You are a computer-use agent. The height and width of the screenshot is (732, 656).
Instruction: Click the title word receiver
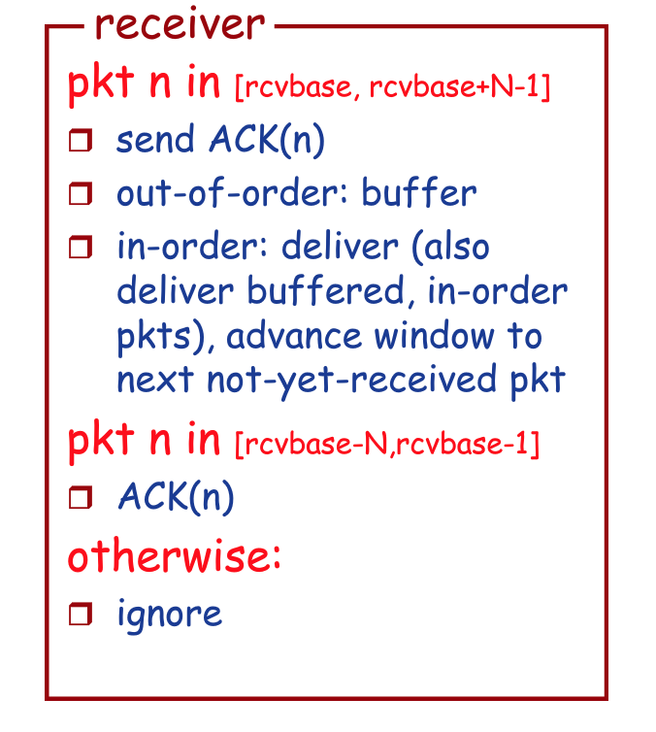click(180, 24)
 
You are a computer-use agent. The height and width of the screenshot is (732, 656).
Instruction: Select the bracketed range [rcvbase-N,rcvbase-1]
click(387, 445)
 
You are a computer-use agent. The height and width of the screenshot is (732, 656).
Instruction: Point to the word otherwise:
click(174, 557)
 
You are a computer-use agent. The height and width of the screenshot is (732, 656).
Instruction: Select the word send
click(155, 141)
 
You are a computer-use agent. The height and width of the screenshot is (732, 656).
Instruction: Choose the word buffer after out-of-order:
click(419, 193)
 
